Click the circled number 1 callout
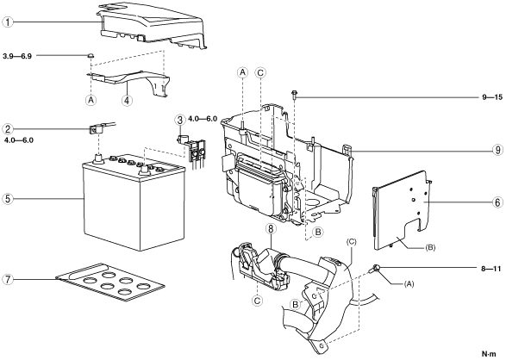tap(8, 22)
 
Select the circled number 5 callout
tap(8, 199)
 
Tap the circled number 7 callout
tap(8, 279)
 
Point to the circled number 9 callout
tap(497, 150)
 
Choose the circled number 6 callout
tap(497, 202)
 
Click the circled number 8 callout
tap(271, 229)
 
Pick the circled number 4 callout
tap(127, 100)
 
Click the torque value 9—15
tap(492, 97)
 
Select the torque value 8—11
tap(492, 268)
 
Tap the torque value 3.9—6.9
tap(17, 56)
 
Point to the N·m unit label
tap(490, 354)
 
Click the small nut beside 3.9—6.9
tap(91, 56)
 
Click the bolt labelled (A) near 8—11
tap(376, 268)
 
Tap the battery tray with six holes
tap(110, 282)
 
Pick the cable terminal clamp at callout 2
tap(97, 129)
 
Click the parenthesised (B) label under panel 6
tap(430, 247)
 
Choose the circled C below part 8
tap(257, 301)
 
